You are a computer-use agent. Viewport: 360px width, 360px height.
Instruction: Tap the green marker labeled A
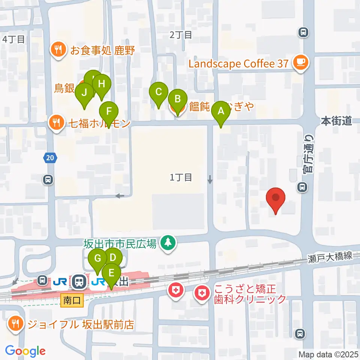(221, 111)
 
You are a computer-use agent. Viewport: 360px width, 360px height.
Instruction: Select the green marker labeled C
(159, 92)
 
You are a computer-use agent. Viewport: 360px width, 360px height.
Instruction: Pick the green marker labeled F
(109, 111)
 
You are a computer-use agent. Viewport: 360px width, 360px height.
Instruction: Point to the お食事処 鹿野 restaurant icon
(58, 50)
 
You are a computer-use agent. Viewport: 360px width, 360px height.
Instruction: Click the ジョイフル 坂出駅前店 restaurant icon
(16, 324)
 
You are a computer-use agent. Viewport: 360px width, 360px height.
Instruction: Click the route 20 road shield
(50, 158)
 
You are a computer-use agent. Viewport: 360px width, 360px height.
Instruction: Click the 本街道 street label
(336, 121)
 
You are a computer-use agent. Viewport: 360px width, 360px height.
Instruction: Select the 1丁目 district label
(181, 177)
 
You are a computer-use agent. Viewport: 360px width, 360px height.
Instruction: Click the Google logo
(25, 351)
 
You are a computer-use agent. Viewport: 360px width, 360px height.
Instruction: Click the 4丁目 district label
(14, 39)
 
